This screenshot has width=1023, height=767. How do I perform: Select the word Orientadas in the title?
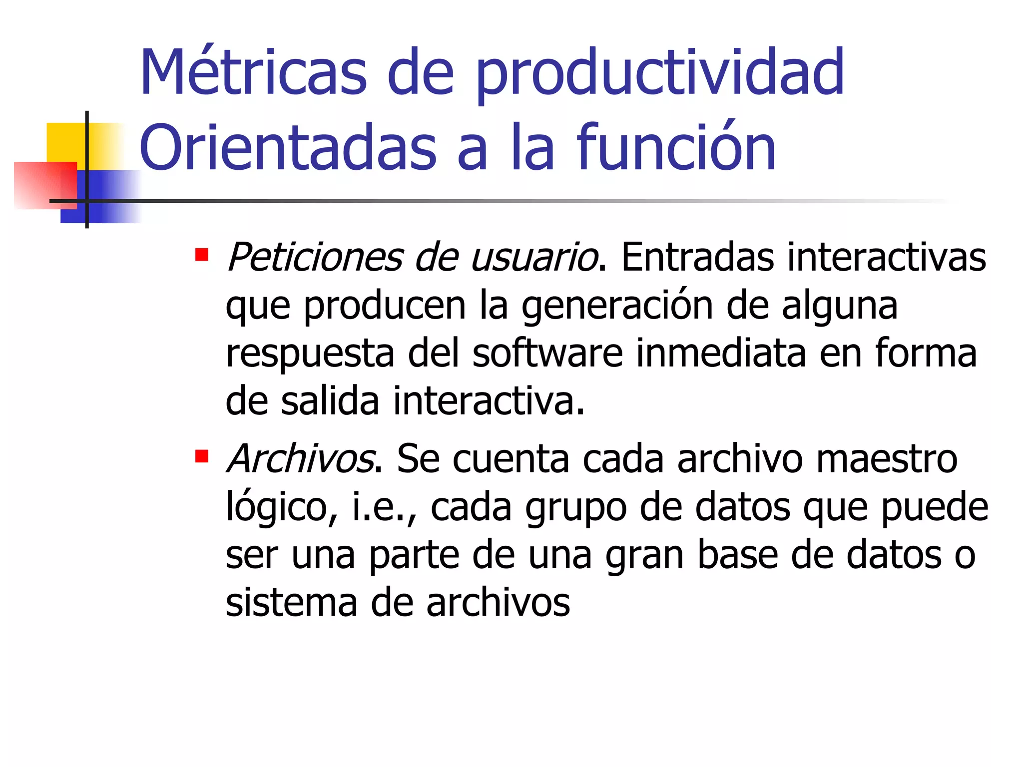tap(288, 148)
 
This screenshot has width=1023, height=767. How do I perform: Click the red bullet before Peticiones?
tap(201, 255)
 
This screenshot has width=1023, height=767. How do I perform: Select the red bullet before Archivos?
tap(201, 456)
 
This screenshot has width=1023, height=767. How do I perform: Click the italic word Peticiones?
tap(314, 258)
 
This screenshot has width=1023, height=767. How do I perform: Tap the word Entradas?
tap(697, 258)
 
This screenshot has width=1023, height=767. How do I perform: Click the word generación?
tap(617, 307)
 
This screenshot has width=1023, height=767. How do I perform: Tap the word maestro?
tap(887, 459)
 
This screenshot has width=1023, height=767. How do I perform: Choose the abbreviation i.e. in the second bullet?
tap(380, 507)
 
